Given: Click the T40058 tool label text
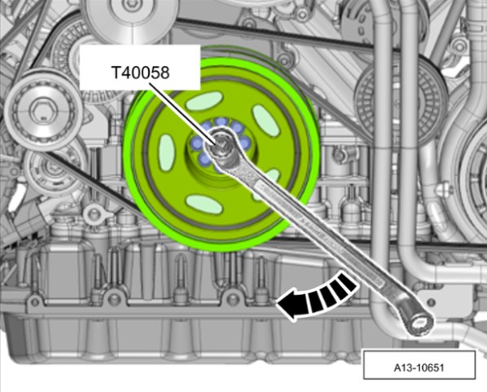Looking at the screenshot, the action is pyautogui.click(x=140, y=73).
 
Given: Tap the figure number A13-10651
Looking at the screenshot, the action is pyautogui.click(x=419, y=368).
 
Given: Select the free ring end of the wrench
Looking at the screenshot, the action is pyautogui.click(x=419, y=324).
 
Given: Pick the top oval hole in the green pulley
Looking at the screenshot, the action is pyautogui.click(x=204, y=101).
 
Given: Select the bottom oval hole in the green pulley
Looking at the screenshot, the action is pyautogui.click(x=204, y=204).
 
